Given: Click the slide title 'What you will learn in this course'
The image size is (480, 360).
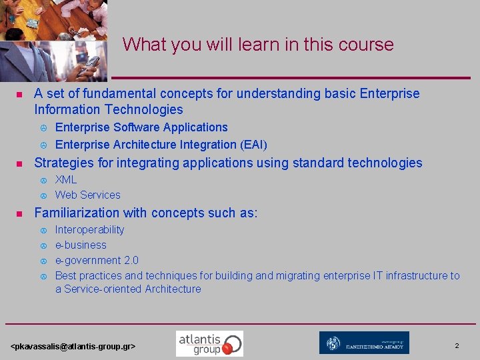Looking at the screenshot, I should (x=258, y=45).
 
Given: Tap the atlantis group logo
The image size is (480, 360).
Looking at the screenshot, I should (x=209, y=343).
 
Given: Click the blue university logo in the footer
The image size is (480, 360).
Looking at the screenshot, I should (x=364, y=343).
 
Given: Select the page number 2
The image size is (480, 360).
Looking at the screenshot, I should (x=457, y=345).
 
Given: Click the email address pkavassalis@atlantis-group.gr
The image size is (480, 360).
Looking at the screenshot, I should (x=73, y=347).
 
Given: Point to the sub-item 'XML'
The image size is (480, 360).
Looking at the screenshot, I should (x=66, y=179).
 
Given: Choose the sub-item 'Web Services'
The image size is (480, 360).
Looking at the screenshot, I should (x=87, y=195).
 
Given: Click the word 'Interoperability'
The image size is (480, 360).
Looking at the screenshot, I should (x=89, y=229).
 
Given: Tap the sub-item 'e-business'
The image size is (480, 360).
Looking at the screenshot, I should (x=81, y=245).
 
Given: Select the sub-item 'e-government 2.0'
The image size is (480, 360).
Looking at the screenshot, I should (x=97, y=260).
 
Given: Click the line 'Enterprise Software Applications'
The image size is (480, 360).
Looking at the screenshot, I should (x=141, y=127).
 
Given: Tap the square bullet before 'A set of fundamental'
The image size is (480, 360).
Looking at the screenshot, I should (x=19, y=94).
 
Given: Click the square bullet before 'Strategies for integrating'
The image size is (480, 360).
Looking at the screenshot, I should (x=19, y=163).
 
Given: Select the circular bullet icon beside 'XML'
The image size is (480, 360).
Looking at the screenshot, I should (x=42, y=180).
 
